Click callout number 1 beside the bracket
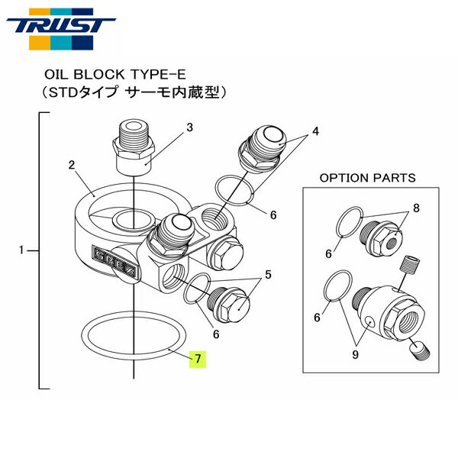click(22, 250)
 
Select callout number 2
click(71, 164)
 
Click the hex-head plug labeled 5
click(229, 307)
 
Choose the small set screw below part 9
click(419, 350)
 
